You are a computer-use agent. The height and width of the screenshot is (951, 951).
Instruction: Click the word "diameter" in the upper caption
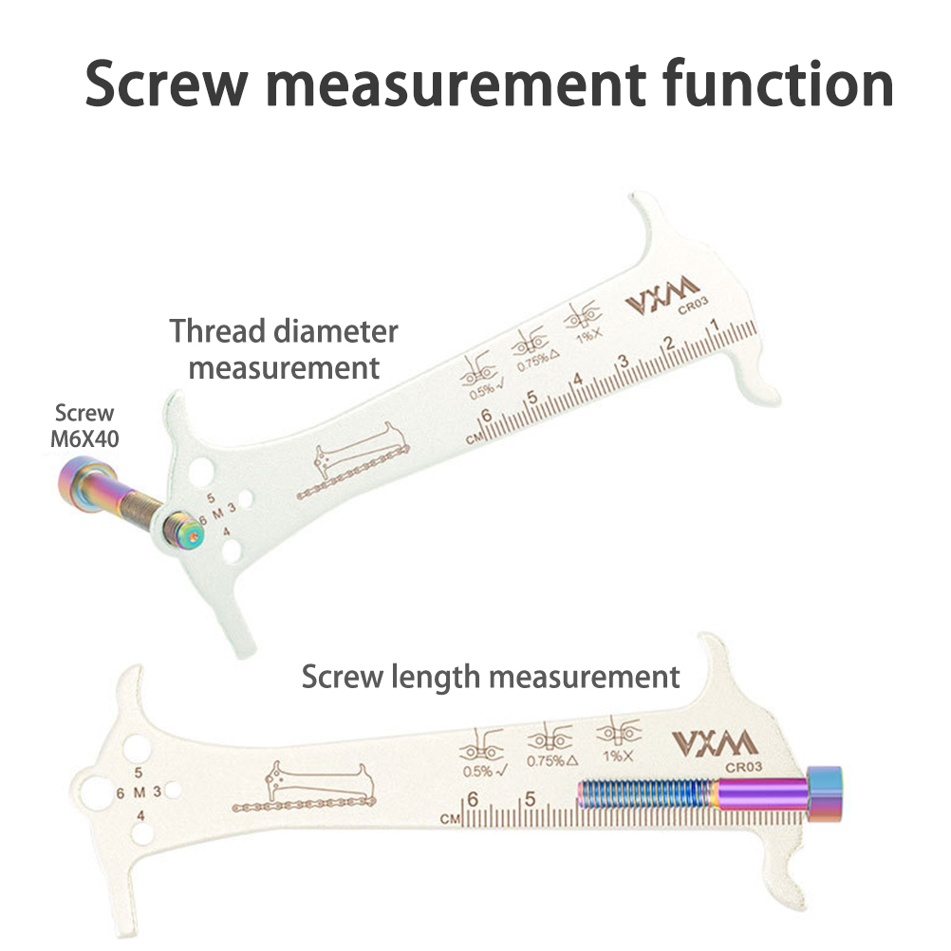tap(337, 332)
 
